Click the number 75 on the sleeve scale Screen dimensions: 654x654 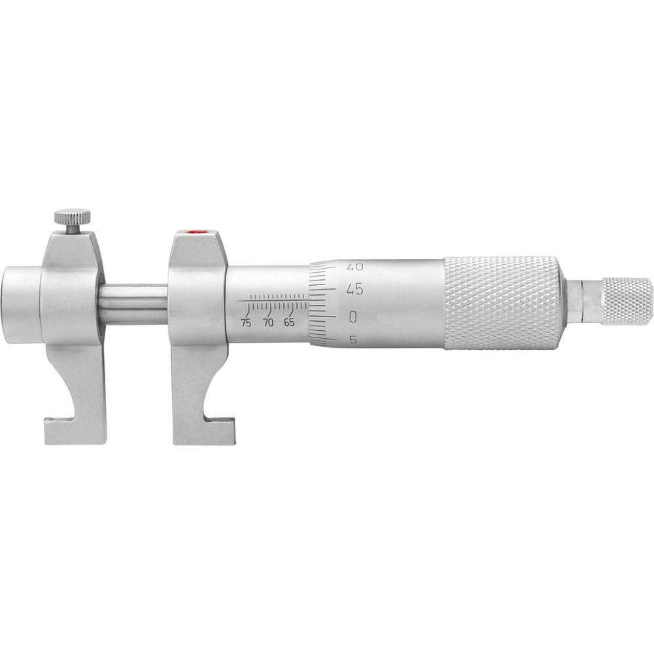point(246,323)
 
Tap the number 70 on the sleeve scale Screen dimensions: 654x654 point(267,323)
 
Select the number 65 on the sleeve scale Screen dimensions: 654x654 point(289,323)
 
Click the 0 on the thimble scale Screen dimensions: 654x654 point(354,317)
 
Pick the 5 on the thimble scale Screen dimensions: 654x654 point(353,339)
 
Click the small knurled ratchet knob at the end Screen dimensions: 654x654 point(627,301)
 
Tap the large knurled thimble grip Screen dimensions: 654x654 point(502,302)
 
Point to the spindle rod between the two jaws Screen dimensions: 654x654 point(135,304)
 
